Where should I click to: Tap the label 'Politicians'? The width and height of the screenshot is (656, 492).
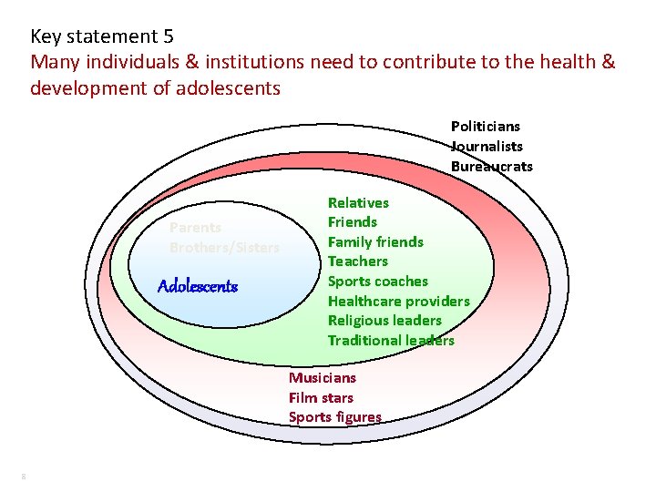(486, 127)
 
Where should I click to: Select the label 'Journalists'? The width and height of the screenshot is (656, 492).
(487, 147)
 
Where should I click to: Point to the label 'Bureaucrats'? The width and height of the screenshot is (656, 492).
(492, 167)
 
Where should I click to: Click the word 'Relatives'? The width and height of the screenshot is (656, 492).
(358, 202)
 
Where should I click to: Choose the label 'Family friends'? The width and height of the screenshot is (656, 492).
(375, 241)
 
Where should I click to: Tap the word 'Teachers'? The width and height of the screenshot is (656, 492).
(357, 261)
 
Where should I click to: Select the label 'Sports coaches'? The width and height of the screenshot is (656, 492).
(377, 281)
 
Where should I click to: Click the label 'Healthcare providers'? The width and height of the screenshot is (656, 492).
(398, 301)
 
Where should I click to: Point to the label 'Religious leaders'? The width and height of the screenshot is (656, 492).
(384, 321)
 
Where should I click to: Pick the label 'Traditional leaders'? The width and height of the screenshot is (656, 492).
(391, 341)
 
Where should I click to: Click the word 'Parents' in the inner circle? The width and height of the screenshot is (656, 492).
(195, 228)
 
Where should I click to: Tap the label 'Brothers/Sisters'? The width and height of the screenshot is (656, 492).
(224, 248)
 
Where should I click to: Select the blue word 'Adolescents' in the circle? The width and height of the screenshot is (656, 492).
(198, 286)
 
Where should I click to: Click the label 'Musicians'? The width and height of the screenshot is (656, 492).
(323, 377)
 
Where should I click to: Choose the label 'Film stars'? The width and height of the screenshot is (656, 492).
(321, 397)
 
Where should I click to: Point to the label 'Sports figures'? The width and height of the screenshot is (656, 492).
(335, 417)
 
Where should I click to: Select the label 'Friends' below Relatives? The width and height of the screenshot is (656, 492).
(352, 221)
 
